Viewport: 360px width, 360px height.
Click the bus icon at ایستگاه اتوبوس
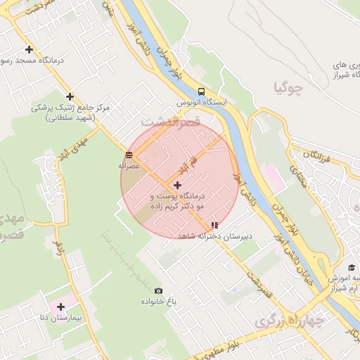[x=202, y=91]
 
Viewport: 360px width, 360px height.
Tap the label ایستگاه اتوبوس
[x=202, y=103]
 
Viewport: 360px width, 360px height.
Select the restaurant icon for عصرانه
[x=129, y=155]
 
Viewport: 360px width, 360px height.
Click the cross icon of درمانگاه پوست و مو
[x=177, y=184]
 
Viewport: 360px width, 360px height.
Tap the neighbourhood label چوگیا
[x=290, y=89]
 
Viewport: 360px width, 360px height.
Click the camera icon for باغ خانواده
[x=158, y=291]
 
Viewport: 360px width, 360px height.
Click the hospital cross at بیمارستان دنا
[x=61, y=307]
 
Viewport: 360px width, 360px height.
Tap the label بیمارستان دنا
[x=61, y=318]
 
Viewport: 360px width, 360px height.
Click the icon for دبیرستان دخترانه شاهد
[x=214, y=226]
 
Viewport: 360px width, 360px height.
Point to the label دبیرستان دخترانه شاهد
[x=214, y=236]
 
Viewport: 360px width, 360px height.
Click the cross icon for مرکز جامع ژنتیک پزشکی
[x=70, y=96]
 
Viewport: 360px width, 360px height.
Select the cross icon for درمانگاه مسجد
[x=29, y=49]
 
